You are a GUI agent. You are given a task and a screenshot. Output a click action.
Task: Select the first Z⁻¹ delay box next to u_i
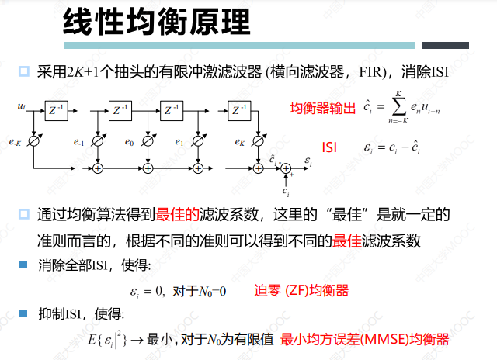point(55,110)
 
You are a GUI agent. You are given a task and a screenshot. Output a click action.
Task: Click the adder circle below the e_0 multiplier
point(148,168)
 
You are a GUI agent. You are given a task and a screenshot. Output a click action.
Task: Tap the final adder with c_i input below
point(286,168)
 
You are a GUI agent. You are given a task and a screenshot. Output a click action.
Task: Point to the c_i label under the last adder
point(287,191)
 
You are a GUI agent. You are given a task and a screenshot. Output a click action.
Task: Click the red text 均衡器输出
point(322,108)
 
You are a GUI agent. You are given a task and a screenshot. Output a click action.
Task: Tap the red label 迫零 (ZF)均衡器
point(301,291)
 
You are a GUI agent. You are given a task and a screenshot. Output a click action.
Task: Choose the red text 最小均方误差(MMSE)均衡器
point(365,340)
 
